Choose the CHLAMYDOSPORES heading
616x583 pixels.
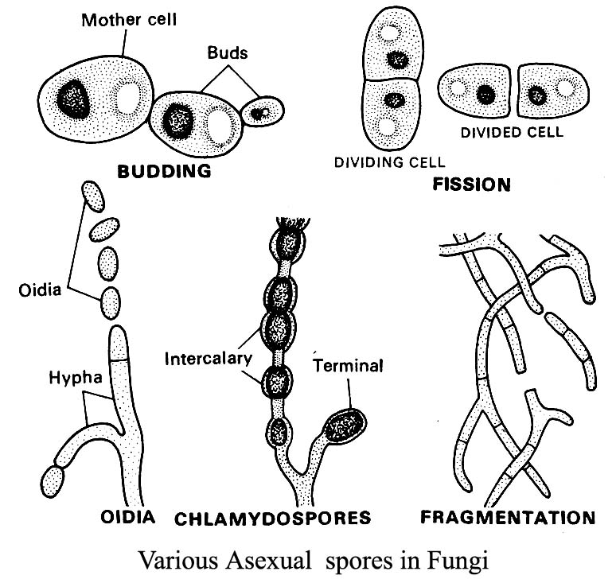click(272, 519)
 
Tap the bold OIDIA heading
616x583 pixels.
click(127, 518)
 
